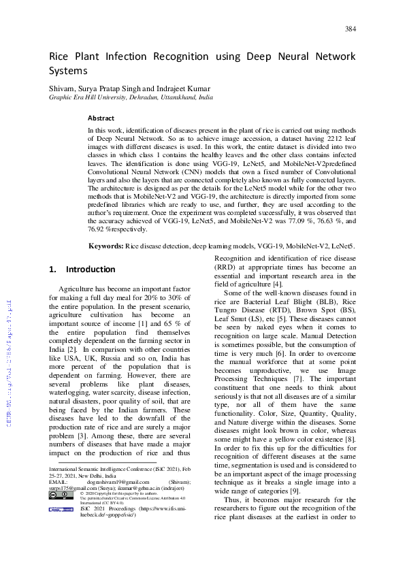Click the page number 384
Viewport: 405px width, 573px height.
pyautogui.click(x=351, y=29)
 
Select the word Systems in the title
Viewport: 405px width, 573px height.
pyautogui.click(x=68, y=70)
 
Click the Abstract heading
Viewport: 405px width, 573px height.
pyautogui.click(x=101, y=118)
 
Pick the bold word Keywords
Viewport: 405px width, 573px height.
pyautogui.click(x=106, y=246)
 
